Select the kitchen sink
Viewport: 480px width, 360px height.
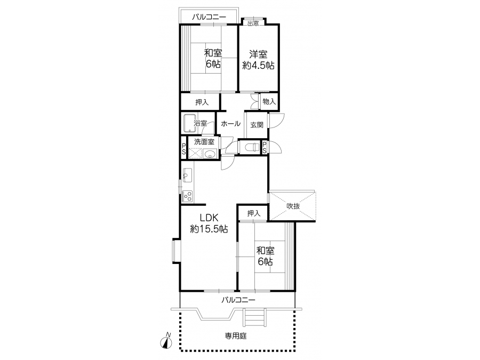187,175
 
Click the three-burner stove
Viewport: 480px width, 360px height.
187,196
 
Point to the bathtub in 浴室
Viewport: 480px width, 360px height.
189,123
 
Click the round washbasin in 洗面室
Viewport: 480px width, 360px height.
210,154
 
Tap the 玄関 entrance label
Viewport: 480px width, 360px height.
257,125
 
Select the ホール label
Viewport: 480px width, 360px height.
230,124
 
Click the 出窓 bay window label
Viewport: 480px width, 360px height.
253,23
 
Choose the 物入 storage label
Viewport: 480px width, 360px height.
269,102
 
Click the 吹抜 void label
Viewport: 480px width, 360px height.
293,206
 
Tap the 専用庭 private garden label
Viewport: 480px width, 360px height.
236,336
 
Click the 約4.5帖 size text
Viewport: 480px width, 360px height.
258,65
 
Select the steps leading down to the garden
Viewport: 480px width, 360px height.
254,317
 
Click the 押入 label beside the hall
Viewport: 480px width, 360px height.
202,102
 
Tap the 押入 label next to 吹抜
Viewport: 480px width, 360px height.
253,213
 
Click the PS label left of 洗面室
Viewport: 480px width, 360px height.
183,149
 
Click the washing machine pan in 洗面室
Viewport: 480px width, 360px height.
195,154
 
